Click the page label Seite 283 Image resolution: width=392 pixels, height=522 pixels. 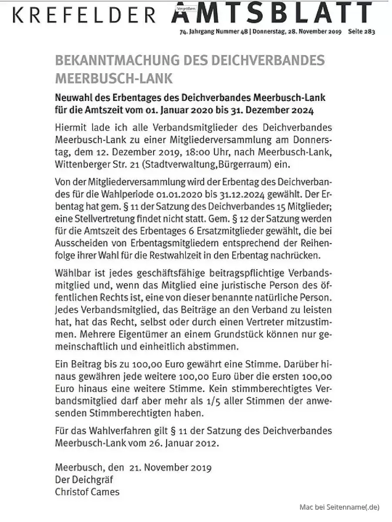point(361,31)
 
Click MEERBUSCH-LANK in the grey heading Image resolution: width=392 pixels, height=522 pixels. point(114,79)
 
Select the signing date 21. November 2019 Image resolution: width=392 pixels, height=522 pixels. point(170,468)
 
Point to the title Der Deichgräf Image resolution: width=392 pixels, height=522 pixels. point(84,480)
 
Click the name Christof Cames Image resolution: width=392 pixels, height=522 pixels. point(87,492)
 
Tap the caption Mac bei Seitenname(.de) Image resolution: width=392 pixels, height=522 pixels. point(339,507)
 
